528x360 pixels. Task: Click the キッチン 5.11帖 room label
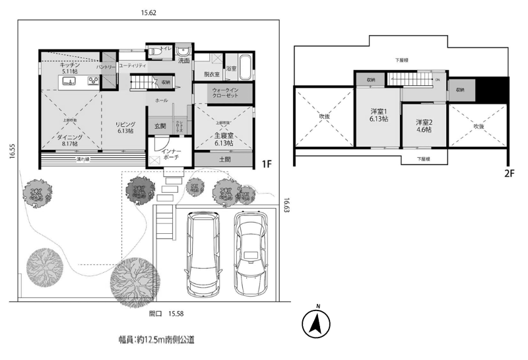69,68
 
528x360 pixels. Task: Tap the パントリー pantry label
107,67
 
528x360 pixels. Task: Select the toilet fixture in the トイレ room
152,51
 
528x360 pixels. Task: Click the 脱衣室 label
211,75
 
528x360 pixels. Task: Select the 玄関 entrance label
160,126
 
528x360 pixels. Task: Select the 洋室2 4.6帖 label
424,126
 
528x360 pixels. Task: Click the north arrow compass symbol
315,324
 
